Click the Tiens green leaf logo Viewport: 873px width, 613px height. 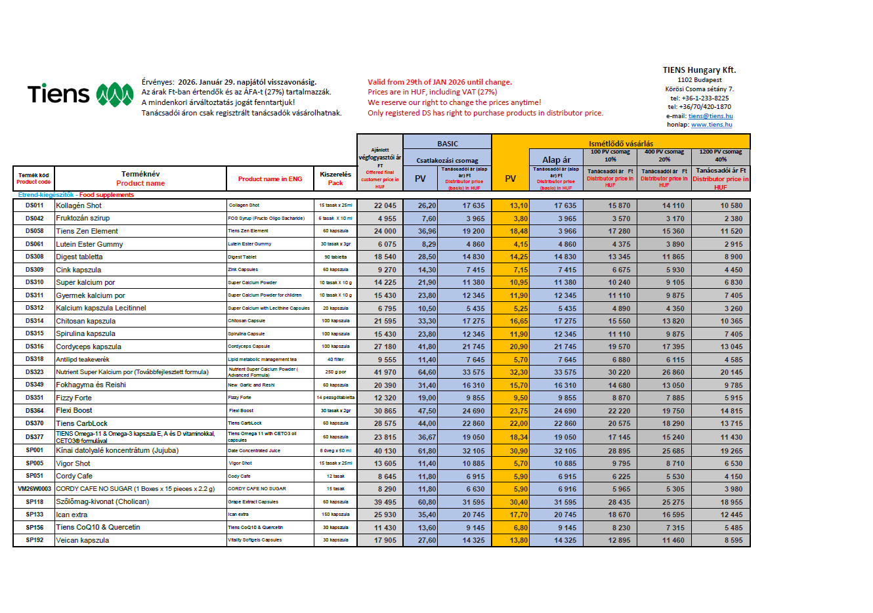[115, 95]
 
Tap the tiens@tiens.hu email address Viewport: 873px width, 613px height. [710, 116]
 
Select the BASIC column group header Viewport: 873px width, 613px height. [447, 144]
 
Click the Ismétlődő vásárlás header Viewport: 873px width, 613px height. [620, 144]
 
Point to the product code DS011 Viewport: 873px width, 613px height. [34, 205]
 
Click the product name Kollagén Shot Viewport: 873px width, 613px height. [79, 205]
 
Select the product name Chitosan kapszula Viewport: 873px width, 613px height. [86, 321]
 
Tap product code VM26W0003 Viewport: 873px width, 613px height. [34, 489]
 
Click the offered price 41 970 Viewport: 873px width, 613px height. [385, 372]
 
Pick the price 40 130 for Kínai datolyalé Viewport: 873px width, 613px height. [385, 451]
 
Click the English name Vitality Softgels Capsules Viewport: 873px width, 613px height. [255, 540]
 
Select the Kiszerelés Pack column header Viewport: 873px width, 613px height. [335, 179]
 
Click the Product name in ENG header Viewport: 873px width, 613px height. [270, 179]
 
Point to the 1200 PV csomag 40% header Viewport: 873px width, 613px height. [720, 156]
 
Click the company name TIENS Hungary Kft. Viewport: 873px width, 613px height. [699, 70]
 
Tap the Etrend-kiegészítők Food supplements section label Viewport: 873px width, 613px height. [75, 195]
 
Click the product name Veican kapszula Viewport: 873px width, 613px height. [83, 541]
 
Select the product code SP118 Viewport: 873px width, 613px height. [34, 502]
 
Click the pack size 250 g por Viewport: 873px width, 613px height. [335, 372]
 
